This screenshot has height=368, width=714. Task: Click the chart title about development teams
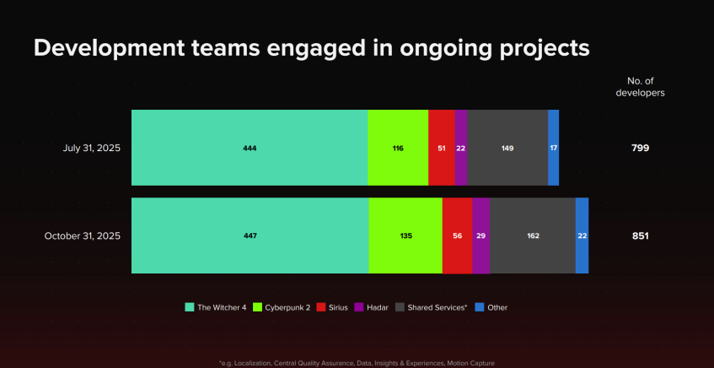click(x=311, y=48)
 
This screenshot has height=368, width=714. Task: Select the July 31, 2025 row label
click(x=92, y=149)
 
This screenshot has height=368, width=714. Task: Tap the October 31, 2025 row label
click(x=83, y=236)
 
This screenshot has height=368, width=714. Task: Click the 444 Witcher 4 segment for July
click(x=250, y=148)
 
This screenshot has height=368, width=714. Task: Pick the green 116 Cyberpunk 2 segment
click(x=398, y=148)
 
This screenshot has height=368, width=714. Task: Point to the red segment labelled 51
click(x=442, y=148)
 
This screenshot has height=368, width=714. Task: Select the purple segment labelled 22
click(x=461, y=148)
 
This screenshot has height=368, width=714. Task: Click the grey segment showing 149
click(x=507, y=148)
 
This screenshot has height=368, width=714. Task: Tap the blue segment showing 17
click(x=553, y=148)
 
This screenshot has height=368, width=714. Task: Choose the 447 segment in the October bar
click(x=250, y=235)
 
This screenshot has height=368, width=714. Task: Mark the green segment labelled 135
click(x=405, y=235)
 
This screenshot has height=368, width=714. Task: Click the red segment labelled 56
click(x=457, y=235)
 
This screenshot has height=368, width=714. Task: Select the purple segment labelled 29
click(x=480, y=235)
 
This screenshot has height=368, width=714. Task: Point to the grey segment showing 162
click(x=533, y=235)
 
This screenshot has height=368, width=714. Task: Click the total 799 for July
click(x=640, y=149)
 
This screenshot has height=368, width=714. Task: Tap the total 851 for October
click(x=640, y=236)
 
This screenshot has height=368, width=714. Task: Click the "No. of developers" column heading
click(x=640, y=87)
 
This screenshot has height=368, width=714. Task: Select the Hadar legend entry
click(x=371, y=307)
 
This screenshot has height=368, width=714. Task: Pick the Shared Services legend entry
click(x=432, y=307)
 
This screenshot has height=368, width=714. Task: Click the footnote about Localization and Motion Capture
click(x=357, y=363)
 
